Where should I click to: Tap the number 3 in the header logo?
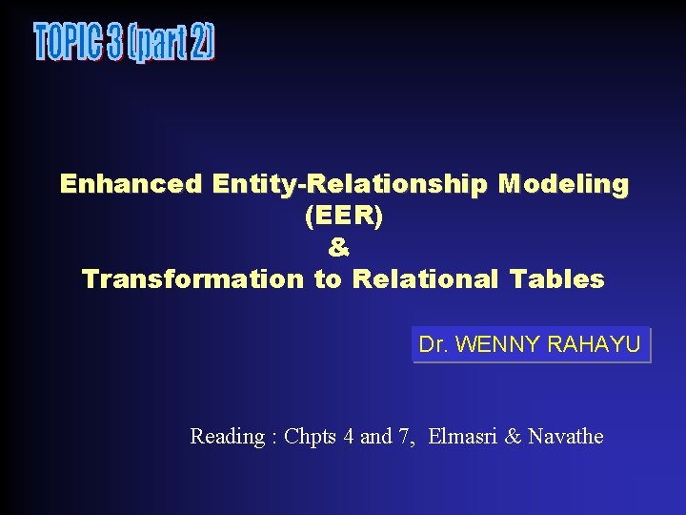tap(115, 43)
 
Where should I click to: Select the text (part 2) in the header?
tap(173, 43)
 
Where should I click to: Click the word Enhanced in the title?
tap(131, 183)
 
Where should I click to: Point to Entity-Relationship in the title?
tap(349, 183)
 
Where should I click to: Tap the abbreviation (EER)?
tap(343, 216)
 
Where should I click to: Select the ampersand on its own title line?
tap(339, 248)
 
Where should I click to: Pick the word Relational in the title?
tap(426, 279)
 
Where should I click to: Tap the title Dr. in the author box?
tap(434, 344)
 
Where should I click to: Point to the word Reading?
tap(227, 437)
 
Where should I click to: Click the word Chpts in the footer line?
tap(306, 437)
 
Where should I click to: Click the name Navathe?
tap(566, 437)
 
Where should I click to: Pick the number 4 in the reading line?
tap(349, 437)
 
